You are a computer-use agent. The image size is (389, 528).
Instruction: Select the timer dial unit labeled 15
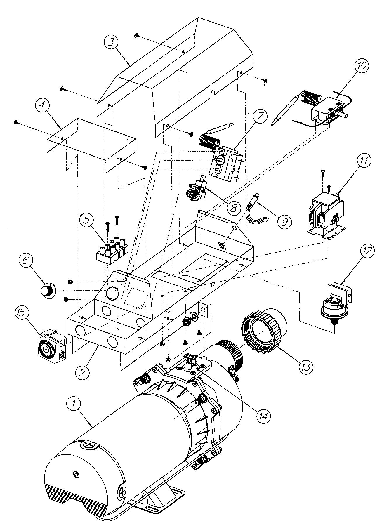pyautogui.click(x=53, y=347)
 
